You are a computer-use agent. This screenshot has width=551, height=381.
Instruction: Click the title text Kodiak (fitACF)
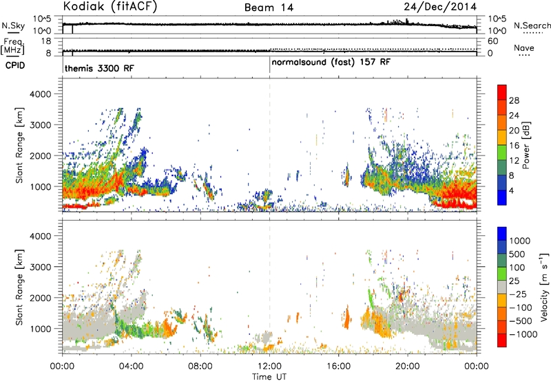tap(110, 7)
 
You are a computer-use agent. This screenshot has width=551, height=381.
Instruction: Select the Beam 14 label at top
tap(269, 8)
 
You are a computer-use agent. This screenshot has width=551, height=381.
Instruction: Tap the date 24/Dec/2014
tap(440, 7)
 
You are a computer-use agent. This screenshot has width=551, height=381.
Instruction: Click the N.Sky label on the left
tap(13, 25)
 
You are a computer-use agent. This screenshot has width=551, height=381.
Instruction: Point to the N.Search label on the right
tap(532, 25)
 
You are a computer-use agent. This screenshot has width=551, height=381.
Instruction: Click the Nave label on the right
tap(524, 47)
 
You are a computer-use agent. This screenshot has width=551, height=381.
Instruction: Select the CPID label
tap(15, 65)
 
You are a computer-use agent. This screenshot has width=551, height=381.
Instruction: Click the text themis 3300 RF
tap(99, 68)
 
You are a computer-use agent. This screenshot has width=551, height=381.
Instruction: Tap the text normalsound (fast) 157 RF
tap(331, 63)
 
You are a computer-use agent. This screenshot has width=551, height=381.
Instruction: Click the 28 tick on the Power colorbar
tap(514, 100)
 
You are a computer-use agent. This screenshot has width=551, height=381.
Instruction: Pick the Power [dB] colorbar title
tap(526, 145)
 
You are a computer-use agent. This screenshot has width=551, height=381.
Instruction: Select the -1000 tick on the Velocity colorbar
tap(523, 334)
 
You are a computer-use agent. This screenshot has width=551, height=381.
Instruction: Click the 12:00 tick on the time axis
tap(269, 367)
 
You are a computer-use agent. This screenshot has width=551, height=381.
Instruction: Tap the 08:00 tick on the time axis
tap(200, 367)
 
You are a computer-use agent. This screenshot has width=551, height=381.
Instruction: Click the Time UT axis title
tap(269, 377)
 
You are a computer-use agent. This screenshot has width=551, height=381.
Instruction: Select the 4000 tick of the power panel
tap(41, 94)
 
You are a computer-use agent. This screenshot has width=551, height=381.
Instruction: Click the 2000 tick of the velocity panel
tap(41, 298)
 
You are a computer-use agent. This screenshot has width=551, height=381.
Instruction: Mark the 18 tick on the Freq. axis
tap(46, 41)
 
